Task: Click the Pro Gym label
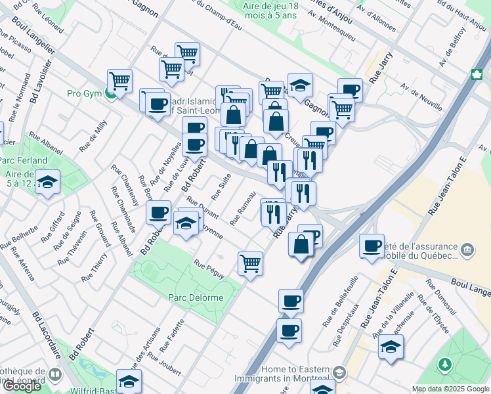pyautogui.click(x=84, y=93)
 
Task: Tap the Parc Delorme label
pyautogui.click(x=196, y=297)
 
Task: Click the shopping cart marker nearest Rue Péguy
pyautogui.click(x=251, y=264)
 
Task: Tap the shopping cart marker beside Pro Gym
pyautogui.click(x=119, y=81)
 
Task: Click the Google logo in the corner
pyautogui.click(x=22, y=386)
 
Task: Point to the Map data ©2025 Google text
pyautogui.click(x=450, y=389)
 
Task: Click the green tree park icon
pyautogui.click(x=445, y=363)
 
